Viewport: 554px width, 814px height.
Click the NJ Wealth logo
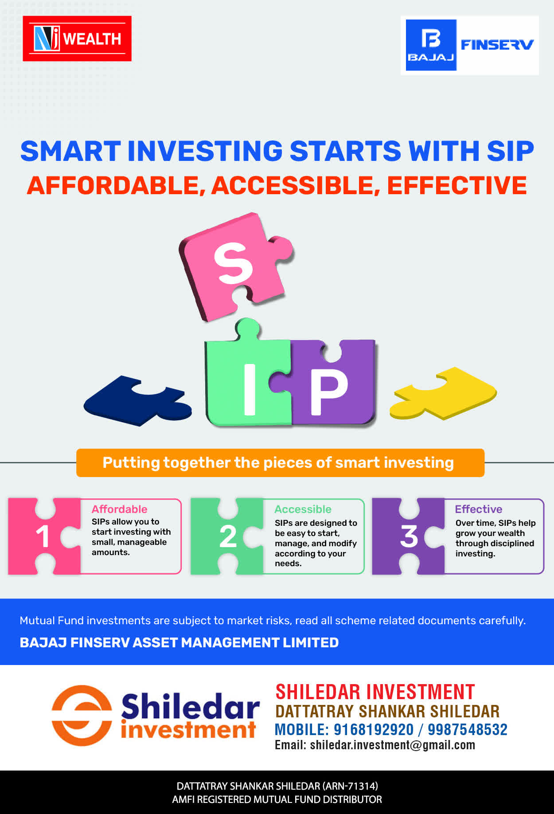tap(77, 39)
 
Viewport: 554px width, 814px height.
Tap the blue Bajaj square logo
tap(431, 45)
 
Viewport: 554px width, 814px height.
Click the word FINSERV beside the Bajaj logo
tap(497, 45)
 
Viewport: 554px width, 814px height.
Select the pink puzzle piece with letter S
tap(236, 266)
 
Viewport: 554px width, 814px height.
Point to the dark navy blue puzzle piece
tap(138, 400)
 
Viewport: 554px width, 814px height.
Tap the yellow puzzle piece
tap(443, 393)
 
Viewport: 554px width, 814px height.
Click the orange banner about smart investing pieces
tap(280, 463)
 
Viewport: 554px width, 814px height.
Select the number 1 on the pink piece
tap(43, 536)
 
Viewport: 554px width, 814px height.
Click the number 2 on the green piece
tap(228, 536)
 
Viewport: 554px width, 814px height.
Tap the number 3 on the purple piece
tap(409, 536)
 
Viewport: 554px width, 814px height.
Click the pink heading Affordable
tap(120, 509)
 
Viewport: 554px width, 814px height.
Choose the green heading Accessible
tap(303, 509)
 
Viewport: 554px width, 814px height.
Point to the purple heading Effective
tap(479, 509)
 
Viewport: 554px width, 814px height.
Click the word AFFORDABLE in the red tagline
tap(113, 185)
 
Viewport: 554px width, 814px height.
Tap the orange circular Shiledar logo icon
tap(82, 715)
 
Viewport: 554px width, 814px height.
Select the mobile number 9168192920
tap(373, 729)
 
